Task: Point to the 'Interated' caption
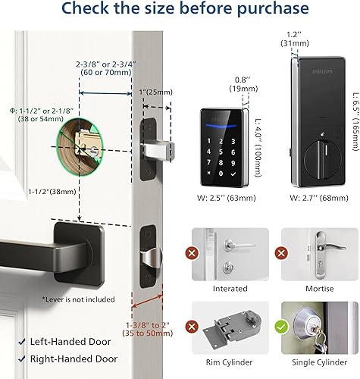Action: [230, 288]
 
